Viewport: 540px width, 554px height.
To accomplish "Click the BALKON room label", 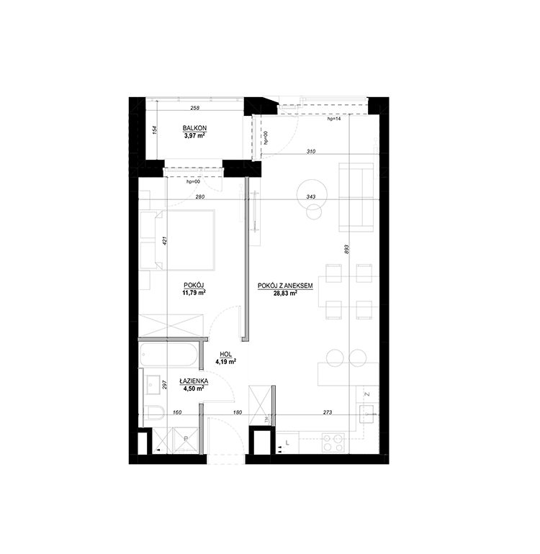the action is [194, 128].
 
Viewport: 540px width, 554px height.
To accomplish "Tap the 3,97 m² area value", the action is [195, 135].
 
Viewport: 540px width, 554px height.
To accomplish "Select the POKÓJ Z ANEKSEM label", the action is [285, 286].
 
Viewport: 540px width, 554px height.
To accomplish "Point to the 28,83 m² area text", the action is [285, 293].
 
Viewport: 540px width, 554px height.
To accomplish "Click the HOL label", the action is [225, 355].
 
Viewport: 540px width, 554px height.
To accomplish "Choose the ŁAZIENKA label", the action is [194, 381].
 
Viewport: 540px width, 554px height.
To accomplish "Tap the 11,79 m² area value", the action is [194, 292].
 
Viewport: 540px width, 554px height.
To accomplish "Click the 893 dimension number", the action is [346, 250].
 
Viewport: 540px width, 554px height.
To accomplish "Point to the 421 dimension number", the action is [164, 240].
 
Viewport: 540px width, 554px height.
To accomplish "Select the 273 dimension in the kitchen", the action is [328, 412].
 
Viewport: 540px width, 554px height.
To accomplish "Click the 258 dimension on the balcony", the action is [195, 108].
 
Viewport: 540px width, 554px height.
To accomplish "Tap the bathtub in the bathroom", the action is [168, 355].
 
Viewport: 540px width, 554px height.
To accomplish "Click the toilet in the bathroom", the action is [154, 412].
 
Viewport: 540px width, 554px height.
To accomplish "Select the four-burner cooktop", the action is [333, 442].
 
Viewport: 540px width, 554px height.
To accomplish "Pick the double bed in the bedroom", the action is [178, 240].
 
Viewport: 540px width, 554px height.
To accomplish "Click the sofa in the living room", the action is [356, 197].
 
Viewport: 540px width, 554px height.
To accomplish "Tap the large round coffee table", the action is [312, 194].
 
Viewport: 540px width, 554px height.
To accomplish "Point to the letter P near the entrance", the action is [186, 438].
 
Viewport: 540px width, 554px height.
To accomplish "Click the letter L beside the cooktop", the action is [287, 442].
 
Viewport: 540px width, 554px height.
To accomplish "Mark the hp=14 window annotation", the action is [334, 119].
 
